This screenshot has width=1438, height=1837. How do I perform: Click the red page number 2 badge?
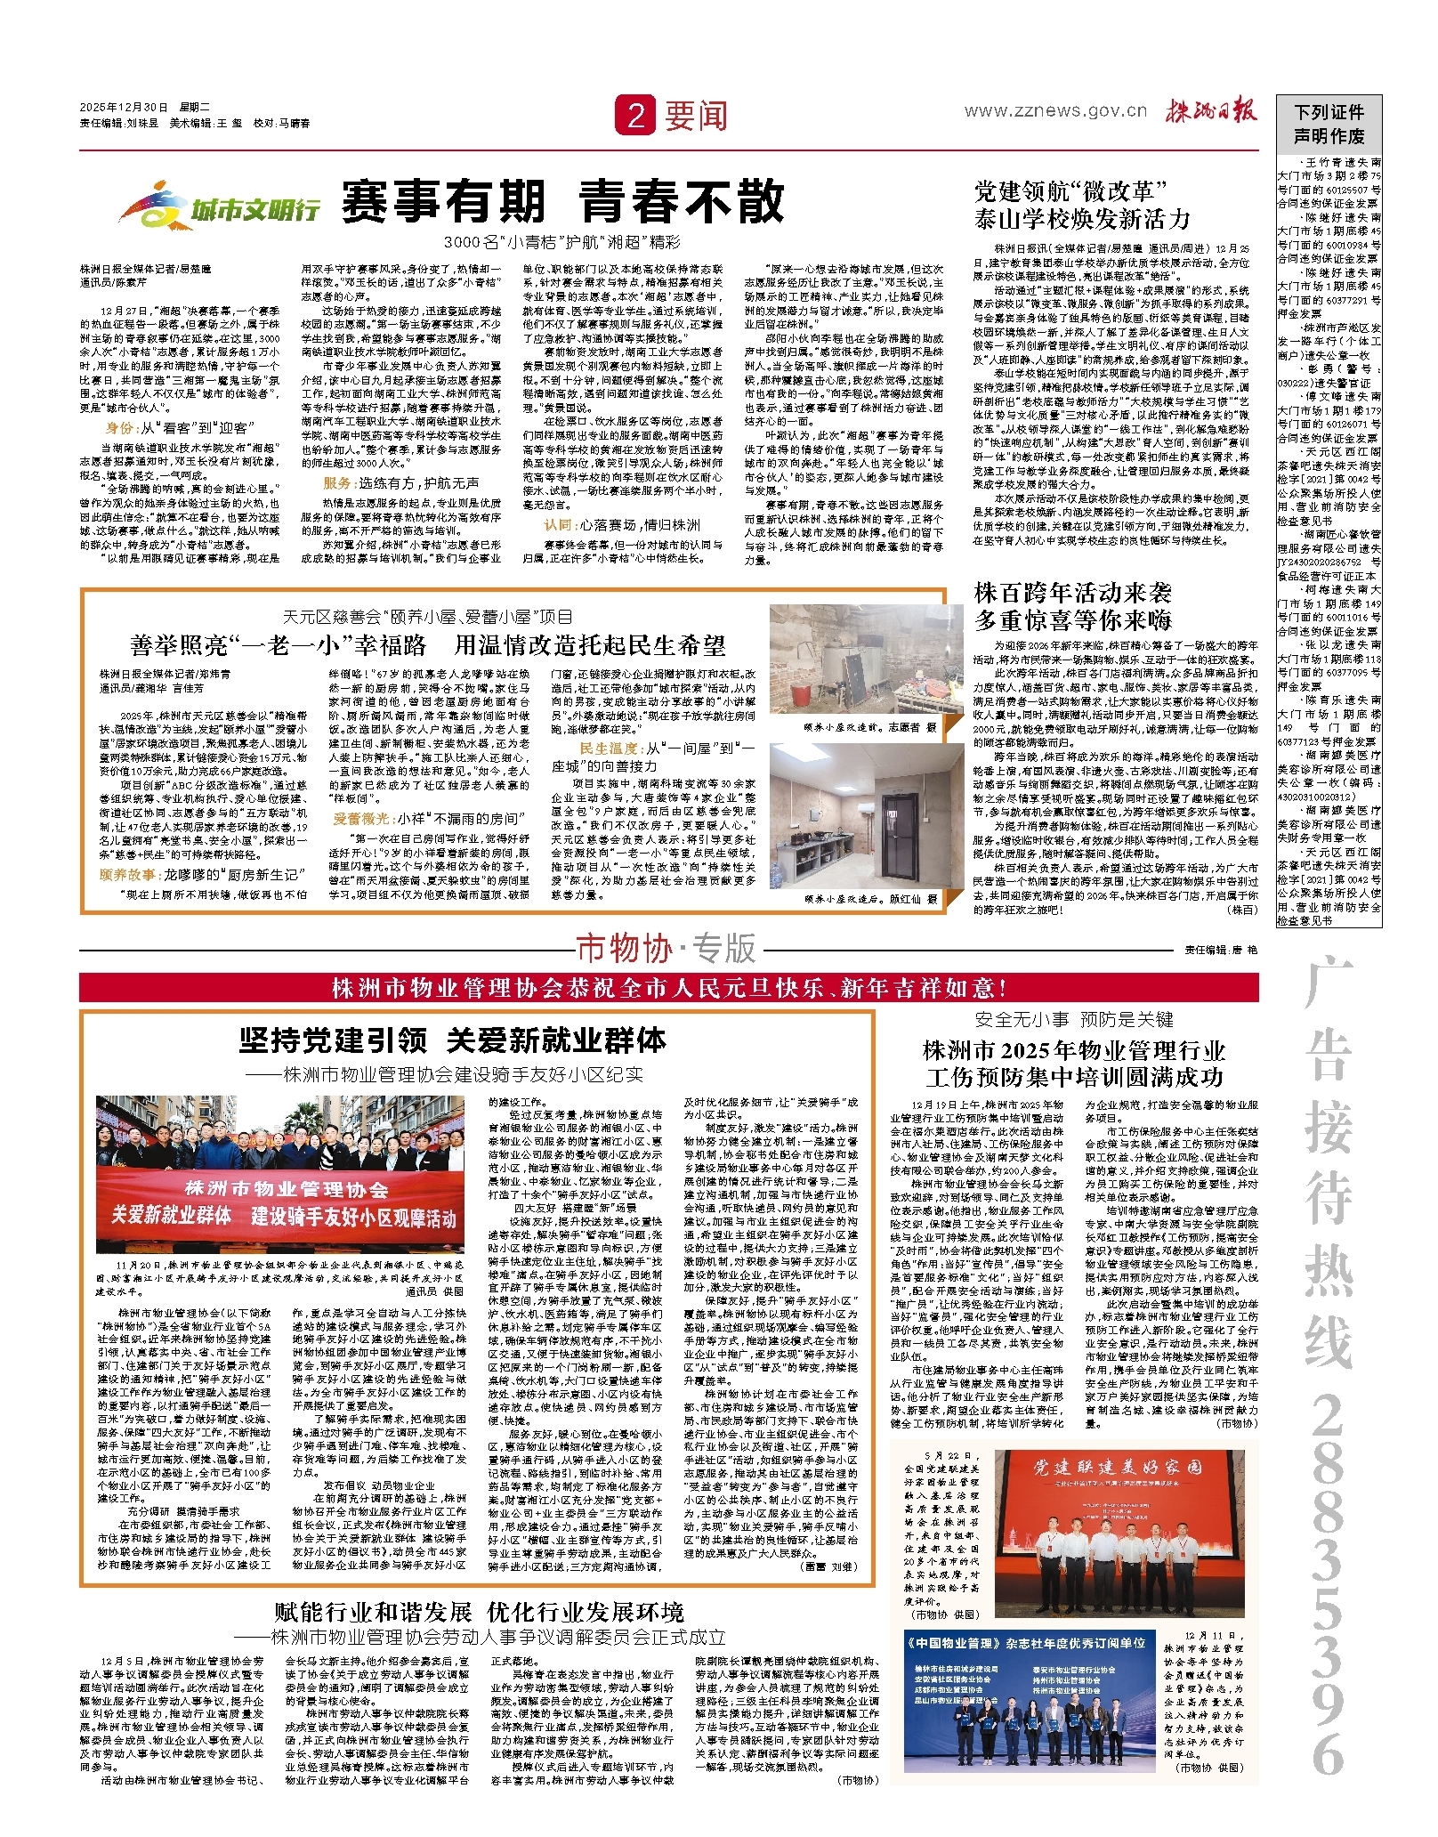tap(635, 115)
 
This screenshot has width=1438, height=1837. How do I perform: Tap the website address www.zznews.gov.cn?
tap(1055, 111)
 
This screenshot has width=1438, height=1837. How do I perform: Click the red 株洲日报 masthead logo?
tap(1211, 110)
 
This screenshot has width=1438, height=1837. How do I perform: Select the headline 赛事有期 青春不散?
tap(562, 201)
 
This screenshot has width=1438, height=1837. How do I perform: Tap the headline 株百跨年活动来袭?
tap(1073, 594)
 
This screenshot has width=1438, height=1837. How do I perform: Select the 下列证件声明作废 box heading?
tap(1329, 124)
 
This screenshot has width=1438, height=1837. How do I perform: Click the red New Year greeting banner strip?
tap(668, 988)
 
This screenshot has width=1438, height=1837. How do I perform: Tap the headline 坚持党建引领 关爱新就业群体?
tap(452, 1040)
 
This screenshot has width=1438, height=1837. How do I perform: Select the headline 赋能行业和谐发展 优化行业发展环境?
tap(479, 1613)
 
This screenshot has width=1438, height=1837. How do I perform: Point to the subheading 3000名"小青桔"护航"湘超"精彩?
tap(562, 242)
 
